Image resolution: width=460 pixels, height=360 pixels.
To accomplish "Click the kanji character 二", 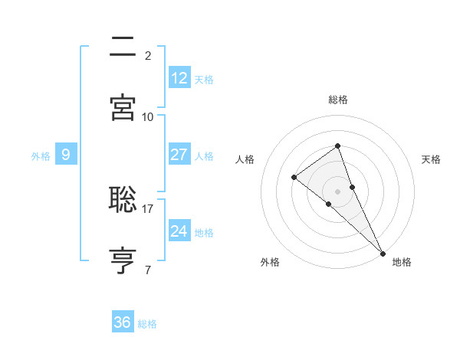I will pos(123,47).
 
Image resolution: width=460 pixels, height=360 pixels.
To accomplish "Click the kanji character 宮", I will pos(123,107).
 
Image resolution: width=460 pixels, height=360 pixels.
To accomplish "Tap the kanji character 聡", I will pos(123,200).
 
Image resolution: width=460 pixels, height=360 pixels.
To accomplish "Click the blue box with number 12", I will pos(179,78).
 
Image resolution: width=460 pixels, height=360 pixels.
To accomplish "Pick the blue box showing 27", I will pos(179,155).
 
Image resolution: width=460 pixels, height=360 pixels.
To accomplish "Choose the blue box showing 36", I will pos(123,322).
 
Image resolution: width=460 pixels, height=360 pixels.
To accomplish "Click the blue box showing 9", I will pos(66,155).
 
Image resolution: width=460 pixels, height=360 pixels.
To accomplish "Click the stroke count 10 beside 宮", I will pos(148,116).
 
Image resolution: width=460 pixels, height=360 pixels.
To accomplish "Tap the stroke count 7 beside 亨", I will pos(148,270).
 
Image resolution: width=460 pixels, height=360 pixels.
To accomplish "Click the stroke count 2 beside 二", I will pos(148,55).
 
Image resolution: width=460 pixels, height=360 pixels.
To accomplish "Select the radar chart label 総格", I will pos(338,100).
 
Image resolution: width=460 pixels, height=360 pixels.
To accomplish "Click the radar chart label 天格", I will pos(432,159).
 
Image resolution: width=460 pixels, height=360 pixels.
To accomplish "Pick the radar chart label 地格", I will pos(402,262).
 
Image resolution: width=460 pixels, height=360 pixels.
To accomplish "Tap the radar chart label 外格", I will pos(270,262).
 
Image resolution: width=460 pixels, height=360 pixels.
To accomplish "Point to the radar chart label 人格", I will pos(245,159).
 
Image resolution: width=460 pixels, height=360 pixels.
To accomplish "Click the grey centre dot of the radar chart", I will pos(337,191).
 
